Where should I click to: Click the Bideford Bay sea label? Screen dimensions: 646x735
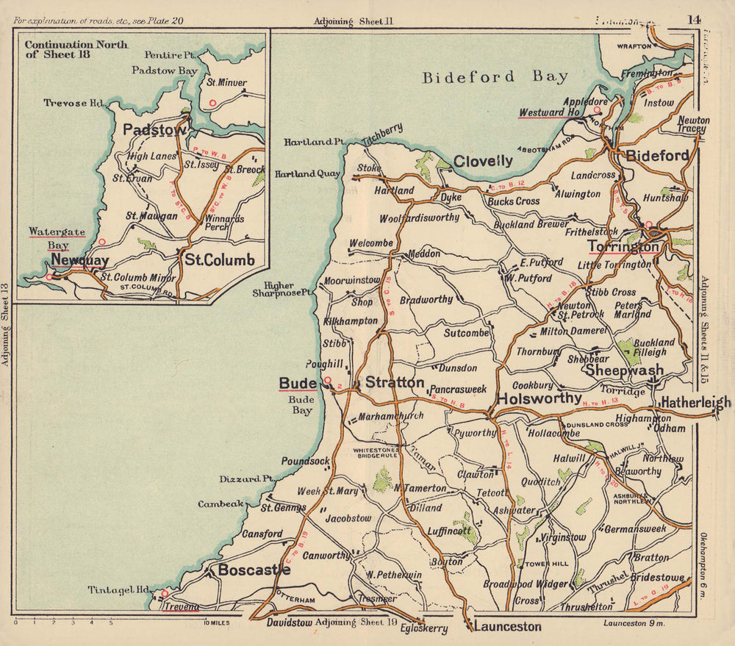(495, 77)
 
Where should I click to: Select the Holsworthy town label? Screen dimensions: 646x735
(539, 398)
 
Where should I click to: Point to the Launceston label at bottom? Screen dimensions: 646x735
(507, 627)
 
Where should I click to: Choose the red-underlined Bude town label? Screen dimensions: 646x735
(298, 383)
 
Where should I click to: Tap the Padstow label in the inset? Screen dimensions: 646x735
(155, 130)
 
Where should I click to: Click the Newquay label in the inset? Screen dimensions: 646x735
(80, 261)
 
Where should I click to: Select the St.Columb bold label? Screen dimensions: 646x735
(219, 260)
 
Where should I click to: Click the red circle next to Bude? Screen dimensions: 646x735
(329, 381)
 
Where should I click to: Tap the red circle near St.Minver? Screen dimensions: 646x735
(212, 103)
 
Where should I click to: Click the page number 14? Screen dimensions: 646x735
(694, 19)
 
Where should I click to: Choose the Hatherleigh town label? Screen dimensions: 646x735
(695, 402)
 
